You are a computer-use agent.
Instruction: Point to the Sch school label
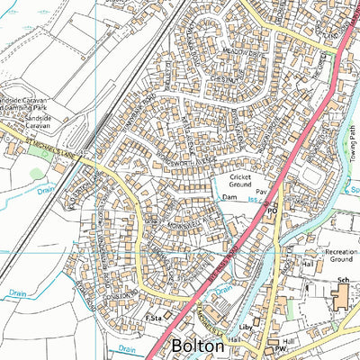(343, 281)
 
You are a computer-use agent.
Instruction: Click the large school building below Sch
(344, 300)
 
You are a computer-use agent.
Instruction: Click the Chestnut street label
(220, 81)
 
